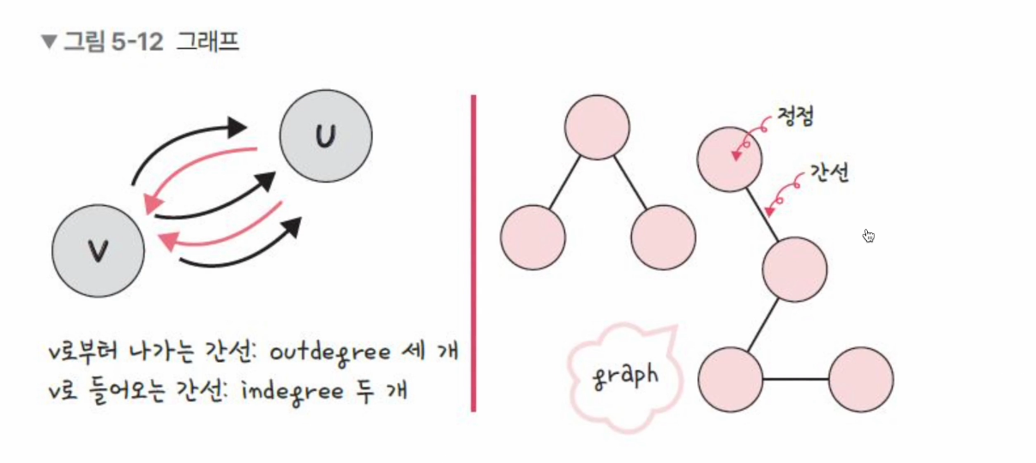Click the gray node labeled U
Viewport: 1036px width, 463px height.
(326, 135)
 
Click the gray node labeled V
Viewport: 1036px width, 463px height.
(98, 251)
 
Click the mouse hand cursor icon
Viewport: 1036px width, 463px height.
(869, 236)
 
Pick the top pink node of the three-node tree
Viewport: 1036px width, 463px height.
(597, 127)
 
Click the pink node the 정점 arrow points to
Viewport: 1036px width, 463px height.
(730, 159)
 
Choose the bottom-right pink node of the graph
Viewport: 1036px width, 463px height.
(861, 379)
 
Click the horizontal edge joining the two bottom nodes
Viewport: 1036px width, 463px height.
(796, 379)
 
